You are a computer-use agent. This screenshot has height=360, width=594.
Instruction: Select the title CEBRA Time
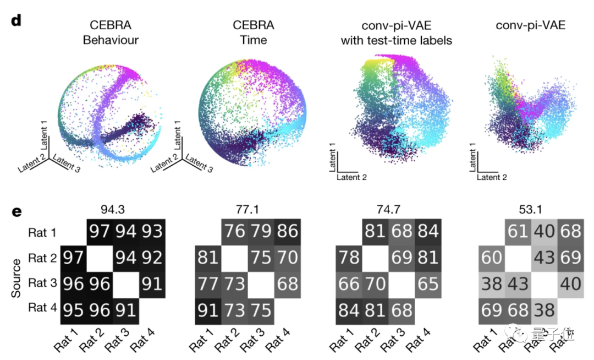(254, 32)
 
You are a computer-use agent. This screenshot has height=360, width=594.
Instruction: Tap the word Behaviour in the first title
(114, 40)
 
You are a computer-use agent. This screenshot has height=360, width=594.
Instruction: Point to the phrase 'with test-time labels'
(396, 40)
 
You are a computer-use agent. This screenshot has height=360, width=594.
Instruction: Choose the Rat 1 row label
(42, 233)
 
